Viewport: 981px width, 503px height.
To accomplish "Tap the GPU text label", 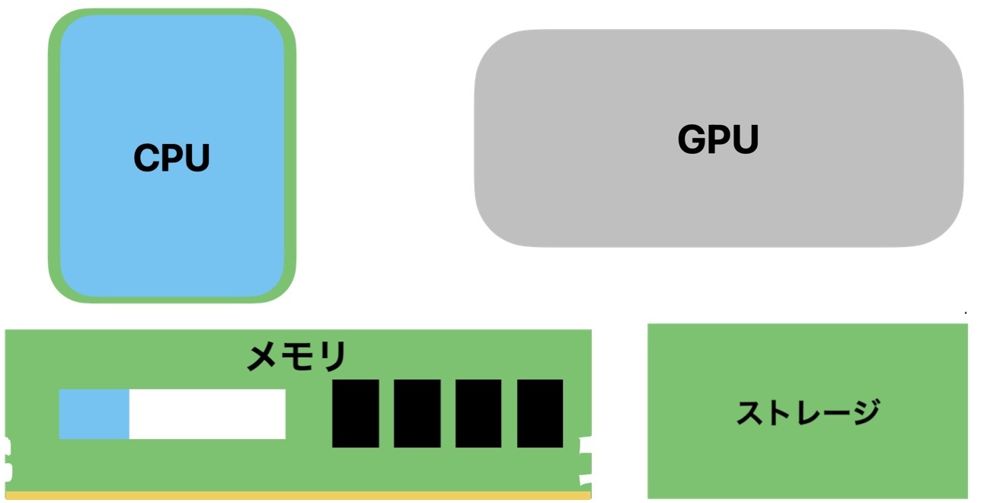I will point(718,140).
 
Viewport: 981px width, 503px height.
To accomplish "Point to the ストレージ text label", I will point(807,412).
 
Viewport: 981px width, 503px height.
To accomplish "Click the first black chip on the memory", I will point(356,413).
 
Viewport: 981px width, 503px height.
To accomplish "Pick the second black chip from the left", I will point(417,413).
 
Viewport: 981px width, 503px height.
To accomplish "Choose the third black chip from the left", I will point(478,413).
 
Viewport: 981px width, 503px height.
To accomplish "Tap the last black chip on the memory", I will point(540,413).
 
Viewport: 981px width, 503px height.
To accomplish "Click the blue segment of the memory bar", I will point(94,414).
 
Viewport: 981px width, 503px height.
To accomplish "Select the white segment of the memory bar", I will point(207,414).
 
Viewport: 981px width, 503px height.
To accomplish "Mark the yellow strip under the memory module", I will point(297,495).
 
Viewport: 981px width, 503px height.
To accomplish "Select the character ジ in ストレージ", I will point(863,412).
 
